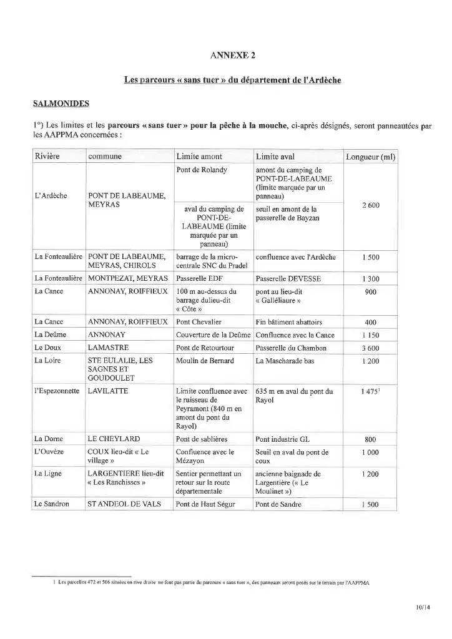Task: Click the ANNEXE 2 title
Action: [233, 56]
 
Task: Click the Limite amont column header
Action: [199, 156]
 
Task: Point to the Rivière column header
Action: [47, 156]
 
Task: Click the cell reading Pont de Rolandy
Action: [202, 170]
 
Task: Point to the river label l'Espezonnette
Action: [57, 391]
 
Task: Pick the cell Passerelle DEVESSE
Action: [289, 278]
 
